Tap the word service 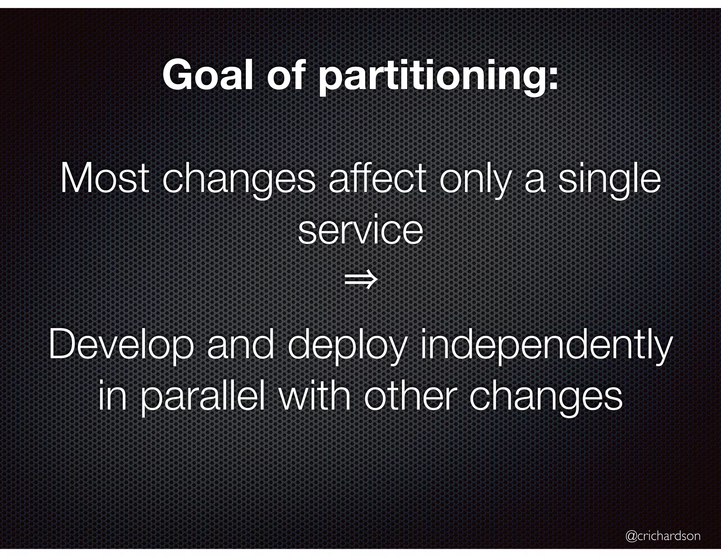[360, 231]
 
